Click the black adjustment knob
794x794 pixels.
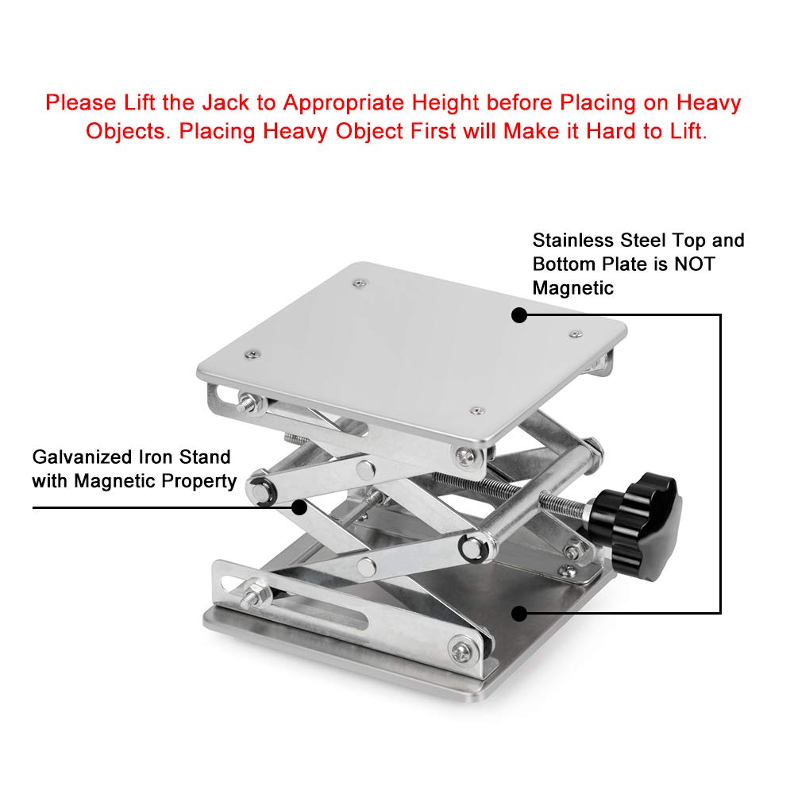coord(636,526)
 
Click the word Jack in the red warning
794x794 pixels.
coord(225,102)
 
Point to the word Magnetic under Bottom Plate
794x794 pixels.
coord(572,288)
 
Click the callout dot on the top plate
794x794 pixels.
coord(519,315)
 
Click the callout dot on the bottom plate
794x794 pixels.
coord(519,614)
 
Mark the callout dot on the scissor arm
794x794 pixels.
coord(299,507)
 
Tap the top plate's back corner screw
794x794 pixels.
coord(360,283)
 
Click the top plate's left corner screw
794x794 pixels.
coord(252,354)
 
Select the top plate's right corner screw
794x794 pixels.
coord(576,334)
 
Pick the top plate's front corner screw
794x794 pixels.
coord(476,410)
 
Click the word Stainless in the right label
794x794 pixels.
coord(573,240)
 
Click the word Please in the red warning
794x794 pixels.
coord(81,102)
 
